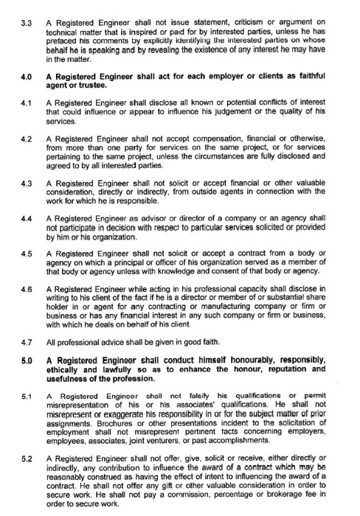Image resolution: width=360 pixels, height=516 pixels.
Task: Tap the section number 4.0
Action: [13, 76]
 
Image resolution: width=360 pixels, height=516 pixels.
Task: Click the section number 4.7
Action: [13, 343]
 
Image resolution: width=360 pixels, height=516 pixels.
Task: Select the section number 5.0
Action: [13, 359]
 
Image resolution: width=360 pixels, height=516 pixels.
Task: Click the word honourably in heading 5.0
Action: [244, 359]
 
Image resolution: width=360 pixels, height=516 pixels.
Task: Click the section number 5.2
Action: [13, 459]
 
